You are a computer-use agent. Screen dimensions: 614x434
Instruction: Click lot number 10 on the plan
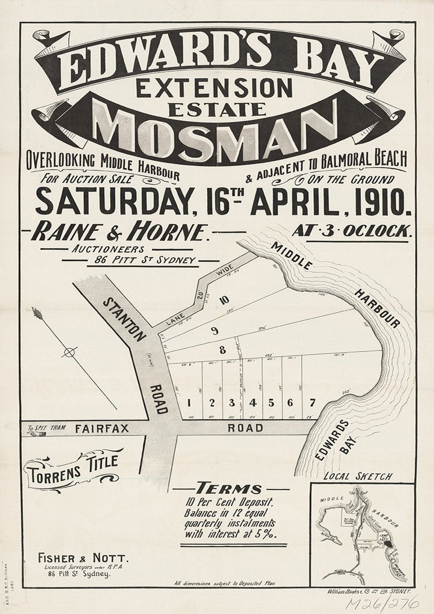coord(223,300)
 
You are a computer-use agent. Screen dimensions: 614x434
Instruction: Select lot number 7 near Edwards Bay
coord(312,402)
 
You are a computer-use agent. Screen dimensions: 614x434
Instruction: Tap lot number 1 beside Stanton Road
coord(189,402)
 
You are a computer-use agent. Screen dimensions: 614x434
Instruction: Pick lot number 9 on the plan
coord(215,331)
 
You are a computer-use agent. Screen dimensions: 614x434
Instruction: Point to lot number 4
coord(253,402)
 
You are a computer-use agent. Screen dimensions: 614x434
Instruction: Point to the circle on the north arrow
coord(70,352)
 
